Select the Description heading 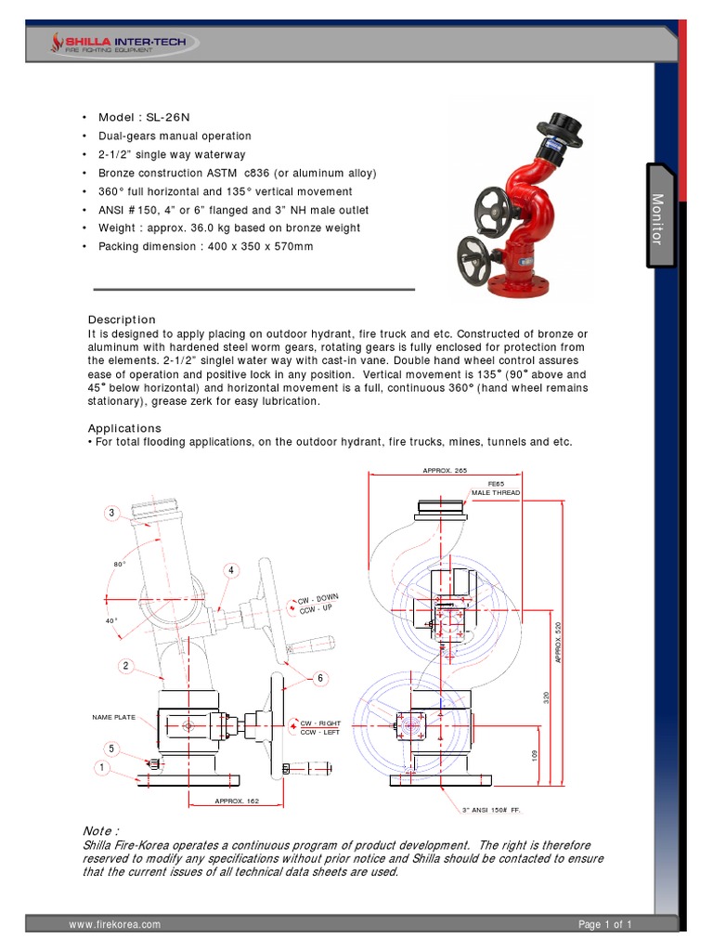coord(122,319)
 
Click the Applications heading coord(124,428)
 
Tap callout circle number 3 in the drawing coord(110,513)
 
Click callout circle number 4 coord(229,569)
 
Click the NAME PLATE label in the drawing coord(114,717)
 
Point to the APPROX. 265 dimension coord(444,471)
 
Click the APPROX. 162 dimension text coord(236,801)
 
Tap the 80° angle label coord(120,564)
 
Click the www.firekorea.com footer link coord(115,924)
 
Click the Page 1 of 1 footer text coord(604,924)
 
